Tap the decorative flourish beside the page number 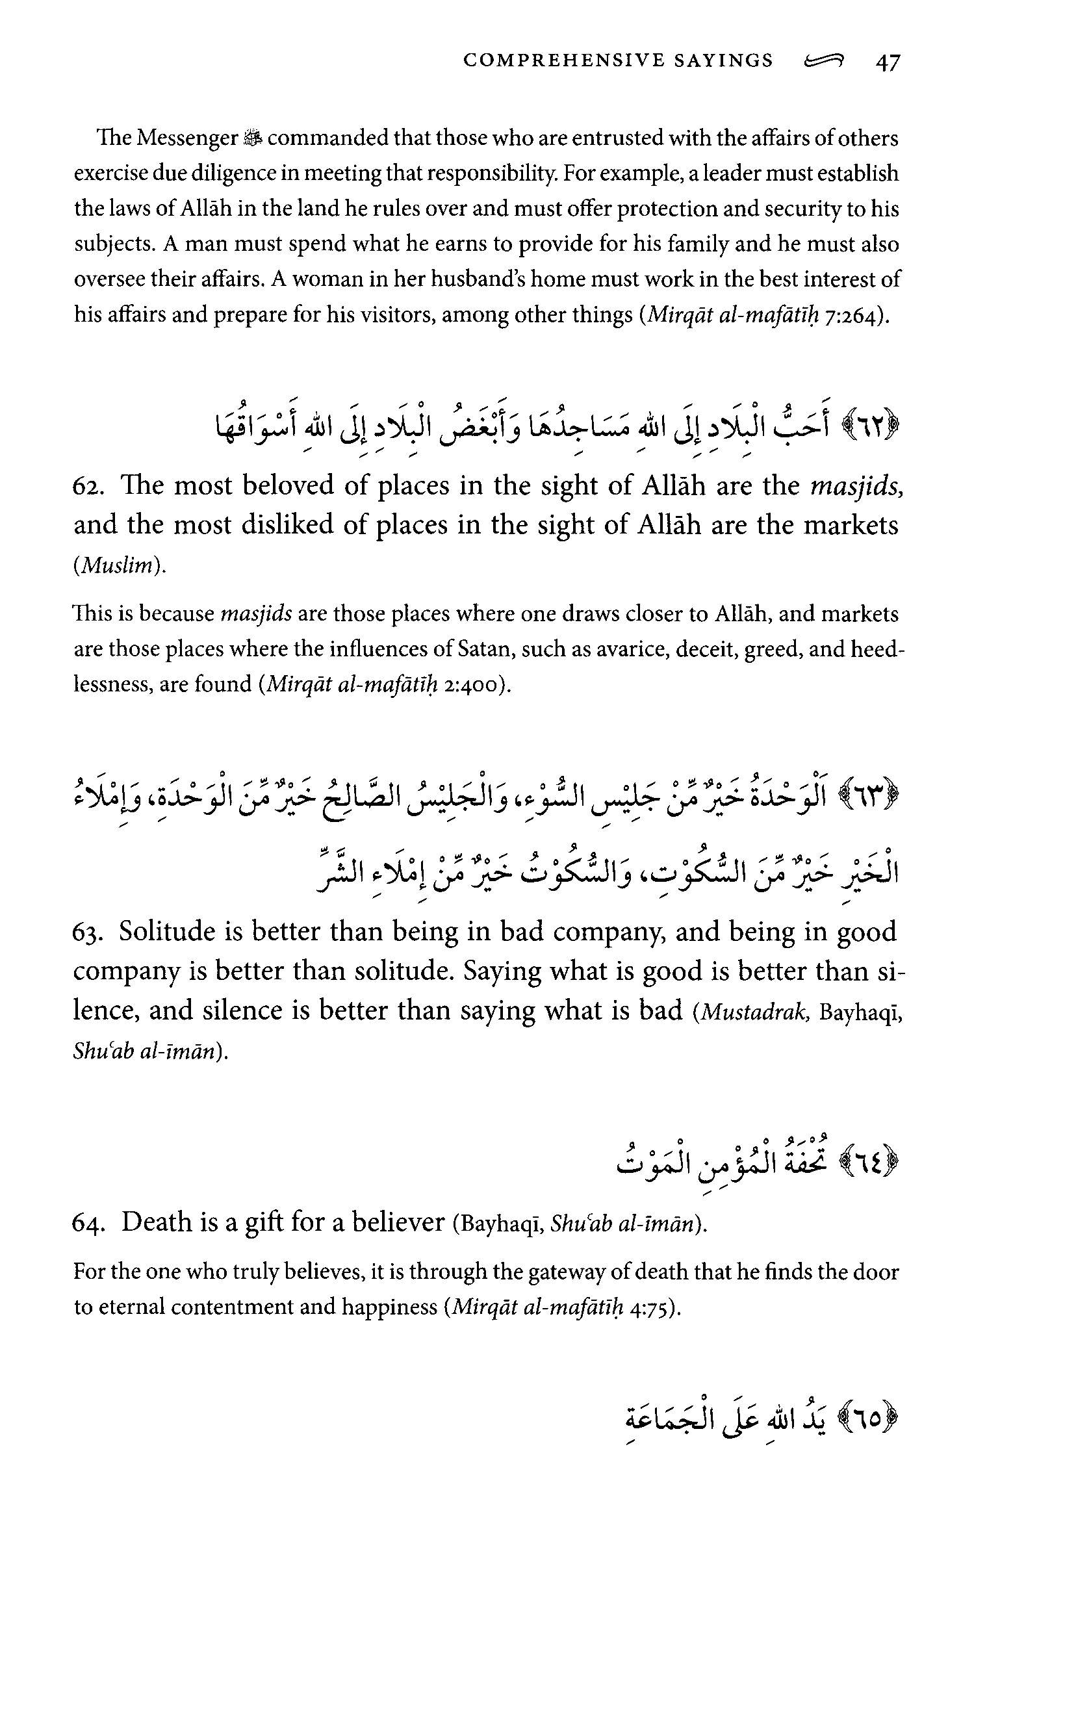(824, 62)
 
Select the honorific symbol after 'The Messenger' (252, 138)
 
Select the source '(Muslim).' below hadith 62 (120, 565)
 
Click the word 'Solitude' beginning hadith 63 (168, 932)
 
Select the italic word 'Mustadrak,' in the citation (755, 1011)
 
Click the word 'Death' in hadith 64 (156, 1223)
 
